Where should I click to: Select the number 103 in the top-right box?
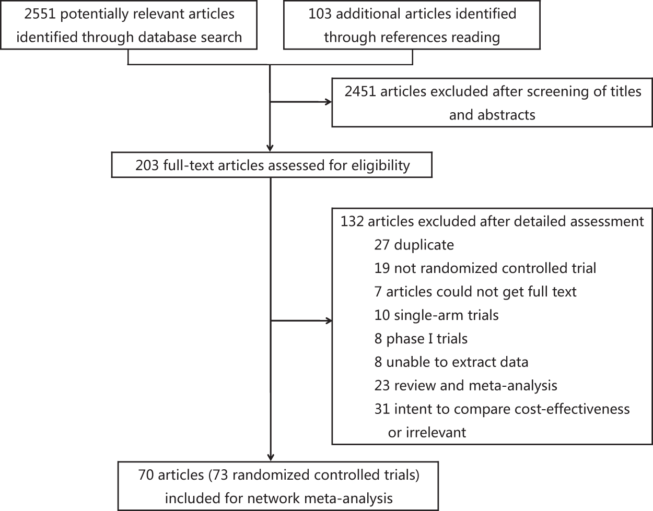tap(320, 14)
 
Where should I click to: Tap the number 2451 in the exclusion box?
tap(360, 91)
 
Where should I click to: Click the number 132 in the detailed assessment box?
tap(352, 221)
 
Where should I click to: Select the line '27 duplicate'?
tap(414, 245)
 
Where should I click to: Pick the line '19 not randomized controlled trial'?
tap(485, 268)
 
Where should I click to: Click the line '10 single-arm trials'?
tap(436, 315)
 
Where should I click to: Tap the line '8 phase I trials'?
tap(421, 339)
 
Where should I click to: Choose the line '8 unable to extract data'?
tap(451, 362)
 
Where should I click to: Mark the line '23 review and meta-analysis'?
tap(465, 386)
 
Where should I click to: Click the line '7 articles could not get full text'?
tap(475, 292)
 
